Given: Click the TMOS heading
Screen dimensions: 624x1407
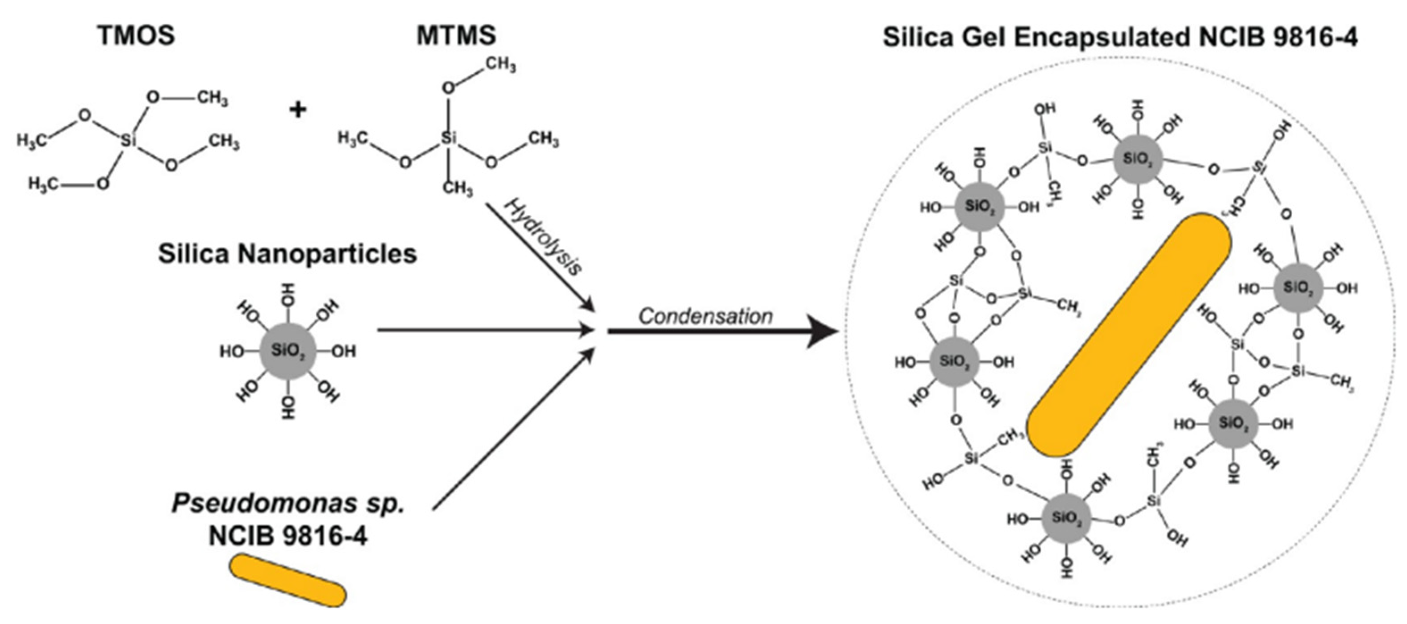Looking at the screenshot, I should click(x=136, y=36).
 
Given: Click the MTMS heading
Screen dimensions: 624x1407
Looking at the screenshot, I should click(x=456, y=36).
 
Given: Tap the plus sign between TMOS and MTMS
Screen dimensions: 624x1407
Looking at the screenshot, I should click(x=298, y=110).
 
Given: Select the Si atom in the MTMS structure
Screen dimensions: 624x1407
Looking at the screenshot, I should click(x=448, y=138).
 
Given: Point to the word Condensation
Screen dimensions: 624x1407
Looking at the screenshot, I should click(x=705, y=316).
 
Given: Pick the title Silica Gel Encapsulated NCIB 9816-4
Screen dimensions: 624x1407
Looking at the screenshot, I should click(x=1120, y=37).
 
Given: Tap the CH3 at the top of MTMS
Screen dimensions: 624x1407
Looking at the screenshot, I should click(x=500, y=64).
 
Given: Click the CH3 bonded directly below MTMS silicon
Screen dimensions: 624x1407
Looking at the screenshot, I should click(x=457, y=188).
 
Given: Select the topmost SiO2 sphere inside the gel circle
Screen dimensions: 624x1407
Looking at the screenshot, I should click(x=1138, y=159).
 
